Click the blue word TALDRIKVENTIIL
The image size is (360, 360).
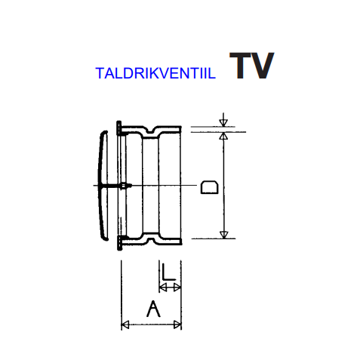click(155, 73)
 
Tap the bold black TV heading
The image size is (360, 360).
click(251, 66)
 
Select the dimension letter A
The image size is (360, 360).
click(153, 309)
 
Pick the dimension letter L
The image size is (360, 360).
click(168, 272)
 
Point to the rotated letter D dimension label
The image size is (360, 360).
click(209, 187)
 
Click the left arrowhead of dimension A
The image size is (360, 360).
click(125, 325)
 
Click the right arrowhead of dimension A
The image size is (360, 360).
click(177, 325)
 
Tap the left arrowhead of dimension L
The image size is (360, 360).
click(163, 288)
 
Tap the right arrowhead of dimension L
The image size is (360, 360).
click(177, 288)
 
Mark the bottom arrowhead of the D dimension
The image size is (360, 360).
click(223, 235)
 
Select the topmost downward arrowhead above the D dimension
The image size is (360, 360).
click(223, 123)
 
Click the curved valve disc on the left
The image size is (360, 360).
click(103, 186)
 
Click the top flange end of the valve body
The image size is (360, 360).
click(119, 128)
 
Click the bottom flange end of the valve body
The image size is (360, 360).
click(120, 242)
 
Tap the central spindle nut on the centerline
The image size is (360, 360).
click(124, 186)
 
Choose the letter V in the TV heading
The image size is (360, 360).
click(261, 66)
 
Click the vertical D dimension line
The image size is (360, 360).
click(223, 185)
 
